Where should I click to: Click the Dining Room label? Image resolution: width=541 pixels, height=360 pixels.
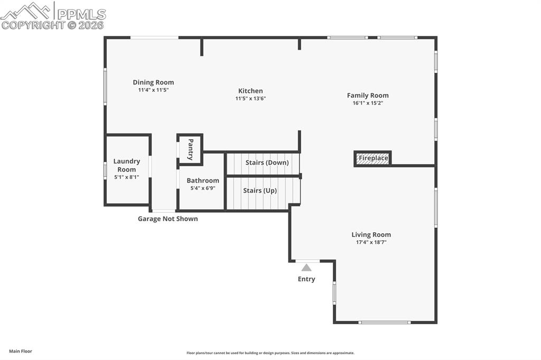[x=153, y=82]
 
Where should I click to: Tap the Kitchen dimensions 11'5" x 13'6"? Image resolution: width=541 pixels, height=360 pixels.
[x=250, y=99]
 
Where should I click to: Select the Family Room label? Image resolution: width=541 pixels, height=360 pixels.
[x=368, y=96]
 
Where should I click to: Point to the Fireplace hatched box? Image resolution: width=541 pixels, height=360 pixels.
[x=372, y=158]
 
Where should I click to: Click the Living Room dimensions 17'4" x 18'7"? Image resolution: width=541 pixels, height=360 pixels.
[x=371, y=242]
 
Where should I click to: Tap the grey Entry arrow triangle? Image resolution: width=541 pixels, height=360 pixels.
[x=306, y=268]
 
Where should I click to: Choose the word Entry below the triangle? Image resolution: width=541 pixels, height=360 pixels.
[x=306, y=279]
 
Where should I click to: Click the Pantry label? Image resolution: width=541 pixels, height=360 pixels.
[x=190, y=149]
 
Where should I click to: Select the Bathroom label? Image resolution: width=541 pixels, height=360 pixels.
[x=203, y=181]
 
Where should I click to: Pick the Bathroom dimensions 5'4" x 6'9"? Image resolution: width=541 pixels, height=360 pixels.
[x=203, y=188]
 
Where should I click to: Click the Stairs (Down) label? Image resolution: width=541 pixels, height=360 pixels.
[x=267, y=163]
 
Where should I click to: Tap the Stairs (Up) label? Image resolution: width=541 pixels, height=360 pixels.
[x=260, y=191]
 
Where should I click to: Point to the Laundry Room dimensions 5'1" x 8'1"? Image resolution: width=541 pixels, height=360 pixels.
[x=127, y=177]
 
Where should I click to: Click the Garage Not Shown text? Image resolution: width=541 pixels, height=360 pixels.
[x=167, y=219]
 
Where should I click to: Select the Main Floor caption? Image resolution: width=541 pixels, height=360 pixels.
[x=21, y=352]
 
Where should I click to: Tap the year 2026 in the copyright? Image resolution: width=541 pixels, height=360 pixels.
[x=91, y=25]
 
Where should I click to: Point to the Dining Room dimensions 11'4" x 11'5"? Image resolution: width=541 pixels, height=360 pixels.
[x=153, y=90]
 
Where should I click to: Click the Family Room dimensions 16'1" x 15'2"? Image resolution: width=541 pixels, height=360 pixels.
[x=368, y=103]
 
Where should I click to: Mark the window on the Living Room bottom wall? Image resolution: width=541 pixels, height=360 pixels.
[x=385, y=323]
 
